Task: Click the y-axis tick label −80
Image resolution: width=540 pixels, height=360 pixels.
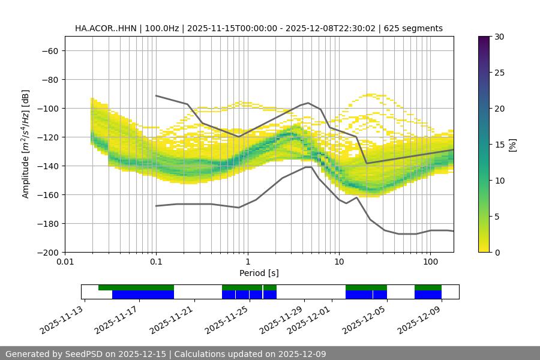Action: (x=49, y=79)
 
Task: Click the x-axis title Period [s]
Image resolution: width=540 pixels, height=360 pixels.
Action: (x=259, y=273)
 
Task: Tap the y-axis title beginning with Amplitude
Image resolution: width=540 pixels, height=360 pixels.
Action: (x=26, y=144)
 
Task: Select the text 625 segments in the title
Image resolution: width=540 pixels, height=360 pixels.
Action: (x=413, y=28)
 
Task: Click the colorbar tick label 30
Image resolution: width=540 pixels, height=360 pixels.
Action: (x=499, y=37)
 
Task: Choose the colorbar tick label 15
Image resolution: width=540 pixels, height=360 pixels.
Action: (x=499, y=145)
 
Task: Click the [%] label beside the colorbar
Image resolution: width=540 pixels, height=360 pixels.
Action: (x=512, y=144)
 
